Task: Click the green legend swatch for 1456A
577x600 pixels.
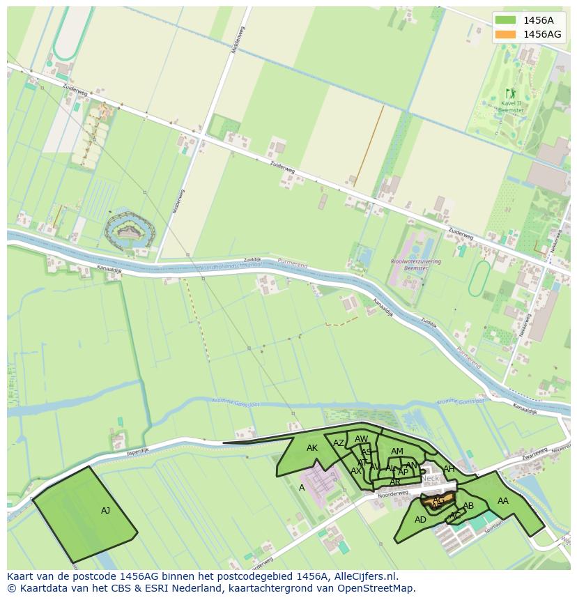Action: (x=506, y=20)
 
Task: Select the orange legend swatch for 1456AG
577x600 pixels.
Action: (x=506, y=34)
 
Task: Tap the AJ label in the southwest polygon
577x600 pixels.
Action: (x=105, y=511)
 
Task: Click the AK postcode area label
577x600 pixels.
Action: (x=312, y=448)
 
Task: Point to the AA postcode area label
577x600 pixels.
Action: (x=502, y=500)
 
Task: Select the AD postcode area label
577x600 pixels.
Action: (x=420, y=520)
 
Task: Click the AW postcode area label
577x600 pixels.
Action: (x=361, y=439)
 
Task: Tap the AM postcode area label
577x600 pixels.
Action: (x=397, y=452)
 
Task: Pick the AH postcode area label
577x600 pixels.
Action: (x=449, y=469)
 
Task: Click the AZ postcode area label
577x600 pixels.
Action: (x=339, y=443)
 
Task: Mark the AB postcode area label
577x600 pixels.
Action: (x=468, y=506)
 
